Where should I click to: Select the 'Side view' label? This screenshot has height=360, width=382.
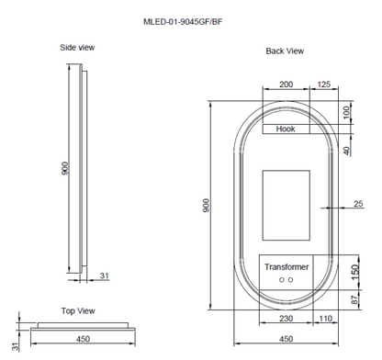pos(77,48)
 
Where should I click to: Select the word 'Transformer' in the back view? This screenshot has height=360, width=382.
pos(287,266)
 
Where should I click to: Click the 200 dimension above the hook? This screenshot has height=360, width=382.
pos(286,84)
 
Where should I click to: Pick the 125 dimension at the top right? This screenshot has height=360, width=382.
pos(323,84)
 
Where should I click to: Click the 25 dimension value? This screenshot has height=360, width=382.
pos(358,203)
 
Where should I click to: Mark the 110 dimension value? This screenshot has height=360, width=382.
pos(324,318)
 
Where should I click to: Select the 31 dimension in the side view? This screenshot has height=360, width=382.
pos(104,275)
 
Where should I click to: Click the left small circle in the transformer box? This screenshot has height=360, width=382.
pos(281,279)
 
